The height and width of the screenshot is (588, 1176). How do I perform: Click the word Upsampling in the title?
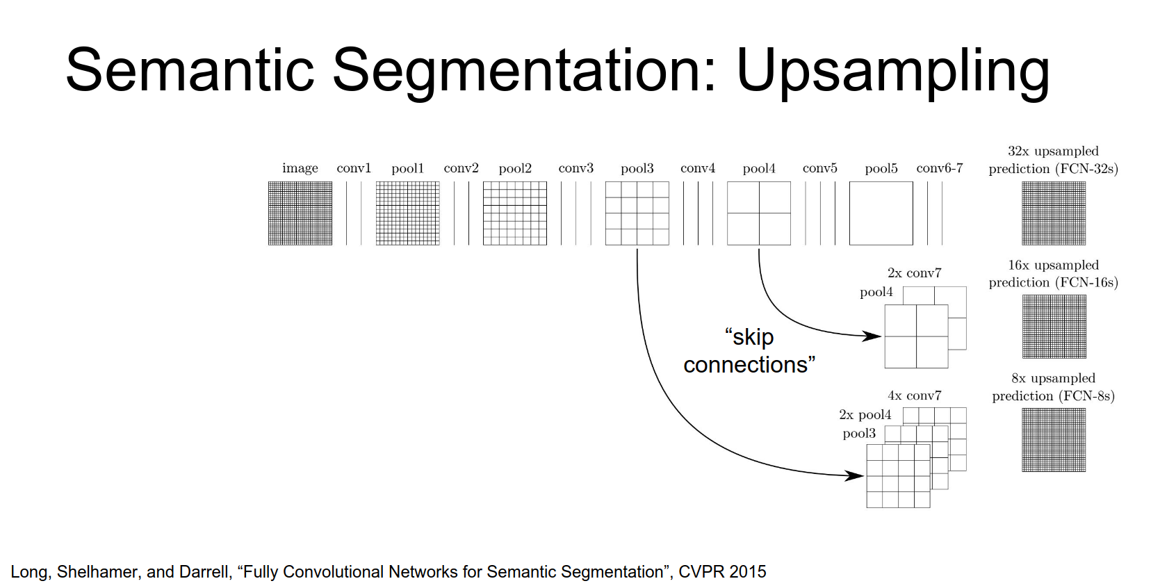pyautogui.click(x=892, y=71)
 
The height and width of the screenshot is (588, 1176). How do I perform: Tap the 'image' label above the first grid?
pyautogui.click(x=300, y=168)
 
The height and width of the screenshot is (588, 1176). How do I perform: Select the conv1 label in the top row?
pyautogui.click(x=354, y=168)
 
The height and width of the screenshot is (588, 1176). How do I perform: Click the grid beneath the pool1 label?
pyautogui.click(x=407, y=213)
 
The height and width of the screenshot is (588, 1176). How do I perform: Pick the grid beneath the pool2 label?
pyautogui.click(x=515, y=213)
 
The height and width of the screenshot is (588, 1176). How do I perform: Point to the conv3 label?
pyautogui.click(x=576, y=168)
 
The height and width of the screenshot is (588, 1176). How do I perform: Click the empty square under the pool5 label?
pyautogui.click(x=881, y=213)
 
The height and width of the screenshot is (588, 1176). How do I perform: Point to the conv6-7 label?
pyautogui.click(x=940, y=168)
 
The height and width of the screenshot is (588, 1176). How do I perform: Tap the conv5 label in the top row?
pyautogui.click(x=820, y=168)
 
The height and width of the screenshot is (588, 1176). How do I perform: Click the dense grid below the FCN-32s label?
pyautogui.click(x=1054, y=213)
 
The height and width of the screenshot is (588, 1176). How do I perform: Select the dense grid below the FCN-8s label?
pyautogui.click(x=1054, y=440)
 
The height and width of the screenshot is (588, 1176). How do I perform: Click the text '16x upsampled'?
pyautogui.click(x=1054, y=265)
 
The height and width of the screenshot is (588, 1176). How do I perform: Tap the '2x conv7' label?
pyautogui.click(x=914, y=273)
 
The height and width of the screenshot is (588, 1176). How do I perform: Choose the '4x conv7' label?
pyautogui.click(x=914, y=395)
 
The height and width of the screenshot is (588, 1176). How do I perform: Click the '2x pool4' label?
pyautogui.click(x=865, y=415)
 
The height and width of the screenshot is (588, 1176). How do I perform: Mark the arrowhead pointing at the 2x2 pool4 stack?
pyautogui.click(x=873, y=336)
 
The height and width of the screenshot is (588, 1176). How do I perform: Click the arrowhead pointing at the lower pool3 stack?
pyautogui.click(x=855, y=475)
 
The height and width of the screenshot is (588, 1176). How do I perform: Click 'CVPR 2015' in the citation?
pyautogui.click(x=722, y=572)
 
